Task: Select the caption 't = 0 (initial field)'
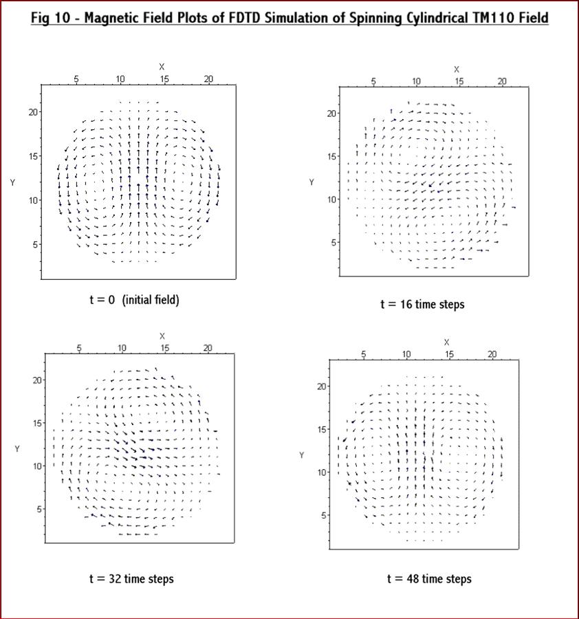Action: coord(134,300)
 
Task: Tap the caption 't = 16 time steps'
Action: coord(422,304)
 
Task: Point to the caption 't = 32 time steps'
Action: coord(131,578)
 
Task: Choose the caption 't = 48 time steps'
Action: coord(429,578)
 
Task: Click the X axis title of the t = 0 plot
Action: coord(162,67)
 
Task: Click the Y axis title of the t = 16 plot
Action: coord(312,182)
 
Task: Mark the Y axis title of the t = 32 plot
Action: coord(17,449)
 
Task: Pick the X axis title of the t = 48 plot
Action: coord(447,342)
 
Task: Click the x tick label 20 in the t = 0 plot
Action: coord(208,79)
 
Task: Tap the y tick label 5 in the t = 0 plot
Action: coord(32,244)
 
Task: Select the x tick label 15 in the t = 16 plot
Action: coord(459,81)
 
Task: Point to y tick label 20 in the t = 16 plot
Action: coord(331,113)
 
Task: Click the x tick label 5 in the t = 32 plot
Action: coord(79,348)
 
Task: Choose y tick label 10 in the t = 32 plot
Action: coord(36,466)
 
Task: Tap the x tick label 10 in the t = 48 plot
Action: coord(406,354)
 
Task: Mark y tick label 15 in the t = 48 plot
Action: coord(322,429)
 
